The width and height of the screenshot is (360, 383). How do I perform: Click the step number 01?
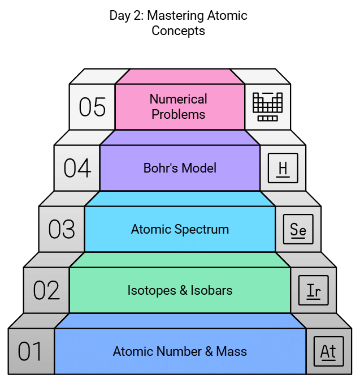30,351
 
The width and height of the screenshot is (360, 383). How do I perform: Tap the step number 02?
46,290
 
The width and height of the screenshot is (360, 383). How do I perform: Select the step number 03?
62,229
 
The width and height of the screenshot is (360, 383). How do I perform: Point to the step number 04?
77,168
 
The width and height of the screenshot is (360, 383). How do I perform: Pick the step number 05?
92,107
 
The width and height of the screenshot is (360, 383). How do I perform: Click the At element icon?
328,351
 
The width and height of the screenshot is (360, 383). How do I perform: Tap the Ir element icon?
313,291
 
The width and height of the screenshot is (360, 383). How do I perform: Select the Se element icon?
298,230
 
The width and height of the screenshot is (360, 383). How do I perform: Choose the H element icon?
283,169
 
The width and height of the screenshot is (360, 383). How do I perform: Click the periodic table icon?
267,106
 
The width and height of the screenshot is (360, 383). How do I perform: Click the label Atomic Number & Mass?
180,351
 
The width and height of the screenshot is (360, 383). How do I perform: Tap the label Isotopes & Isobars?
180,290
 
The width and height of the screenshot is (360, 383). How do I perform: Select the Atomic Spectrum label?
180,229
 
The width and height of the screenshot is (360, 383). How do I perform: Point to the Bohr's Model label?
180,168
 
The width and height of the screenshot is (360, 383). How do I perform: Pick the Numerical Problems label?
179,106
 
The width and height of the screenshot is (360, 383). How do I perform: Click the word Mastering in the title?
174,15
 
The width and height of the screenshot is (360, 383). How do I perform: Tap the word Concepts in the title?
178,30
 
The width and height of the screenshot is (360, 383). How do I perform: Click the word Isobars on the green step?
212,290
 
